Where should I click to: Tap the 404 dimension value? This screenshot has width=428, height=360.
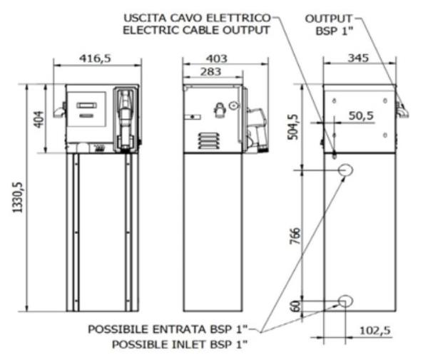click(x=40, y=118)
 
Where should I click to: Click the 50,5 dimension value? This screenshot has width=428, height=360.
click(x=361, y=115)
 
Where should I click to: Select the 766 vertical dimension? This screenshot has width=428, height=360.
click(x=295, y=234)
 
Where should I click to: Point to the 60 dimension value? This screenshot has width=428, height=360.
click(x=295, y=306)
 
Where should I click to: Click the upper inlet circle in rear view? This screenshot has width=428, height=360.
click(x=346, y=170)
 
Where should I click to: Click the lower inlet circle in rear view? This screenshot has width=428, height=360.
click(x=345, y=302)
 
